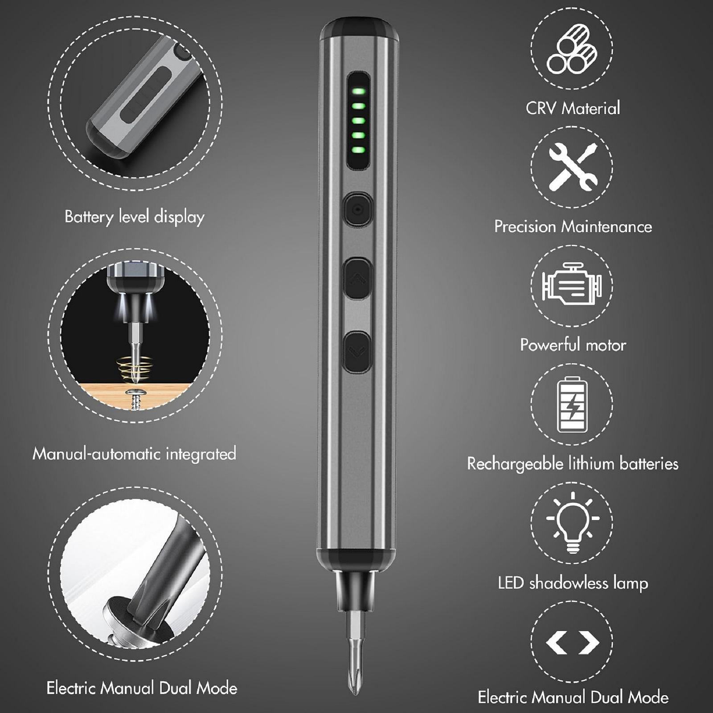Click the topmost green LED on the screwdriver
359,92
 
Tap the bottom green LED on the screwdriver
359,150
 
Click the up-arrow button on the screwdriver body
357,279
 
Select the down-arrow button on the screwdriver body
357,352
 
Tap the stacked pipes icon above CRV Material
572,49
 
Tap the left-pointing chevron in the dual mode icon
557,643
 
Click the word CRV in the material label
541,108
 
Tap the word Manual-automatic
96,454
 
